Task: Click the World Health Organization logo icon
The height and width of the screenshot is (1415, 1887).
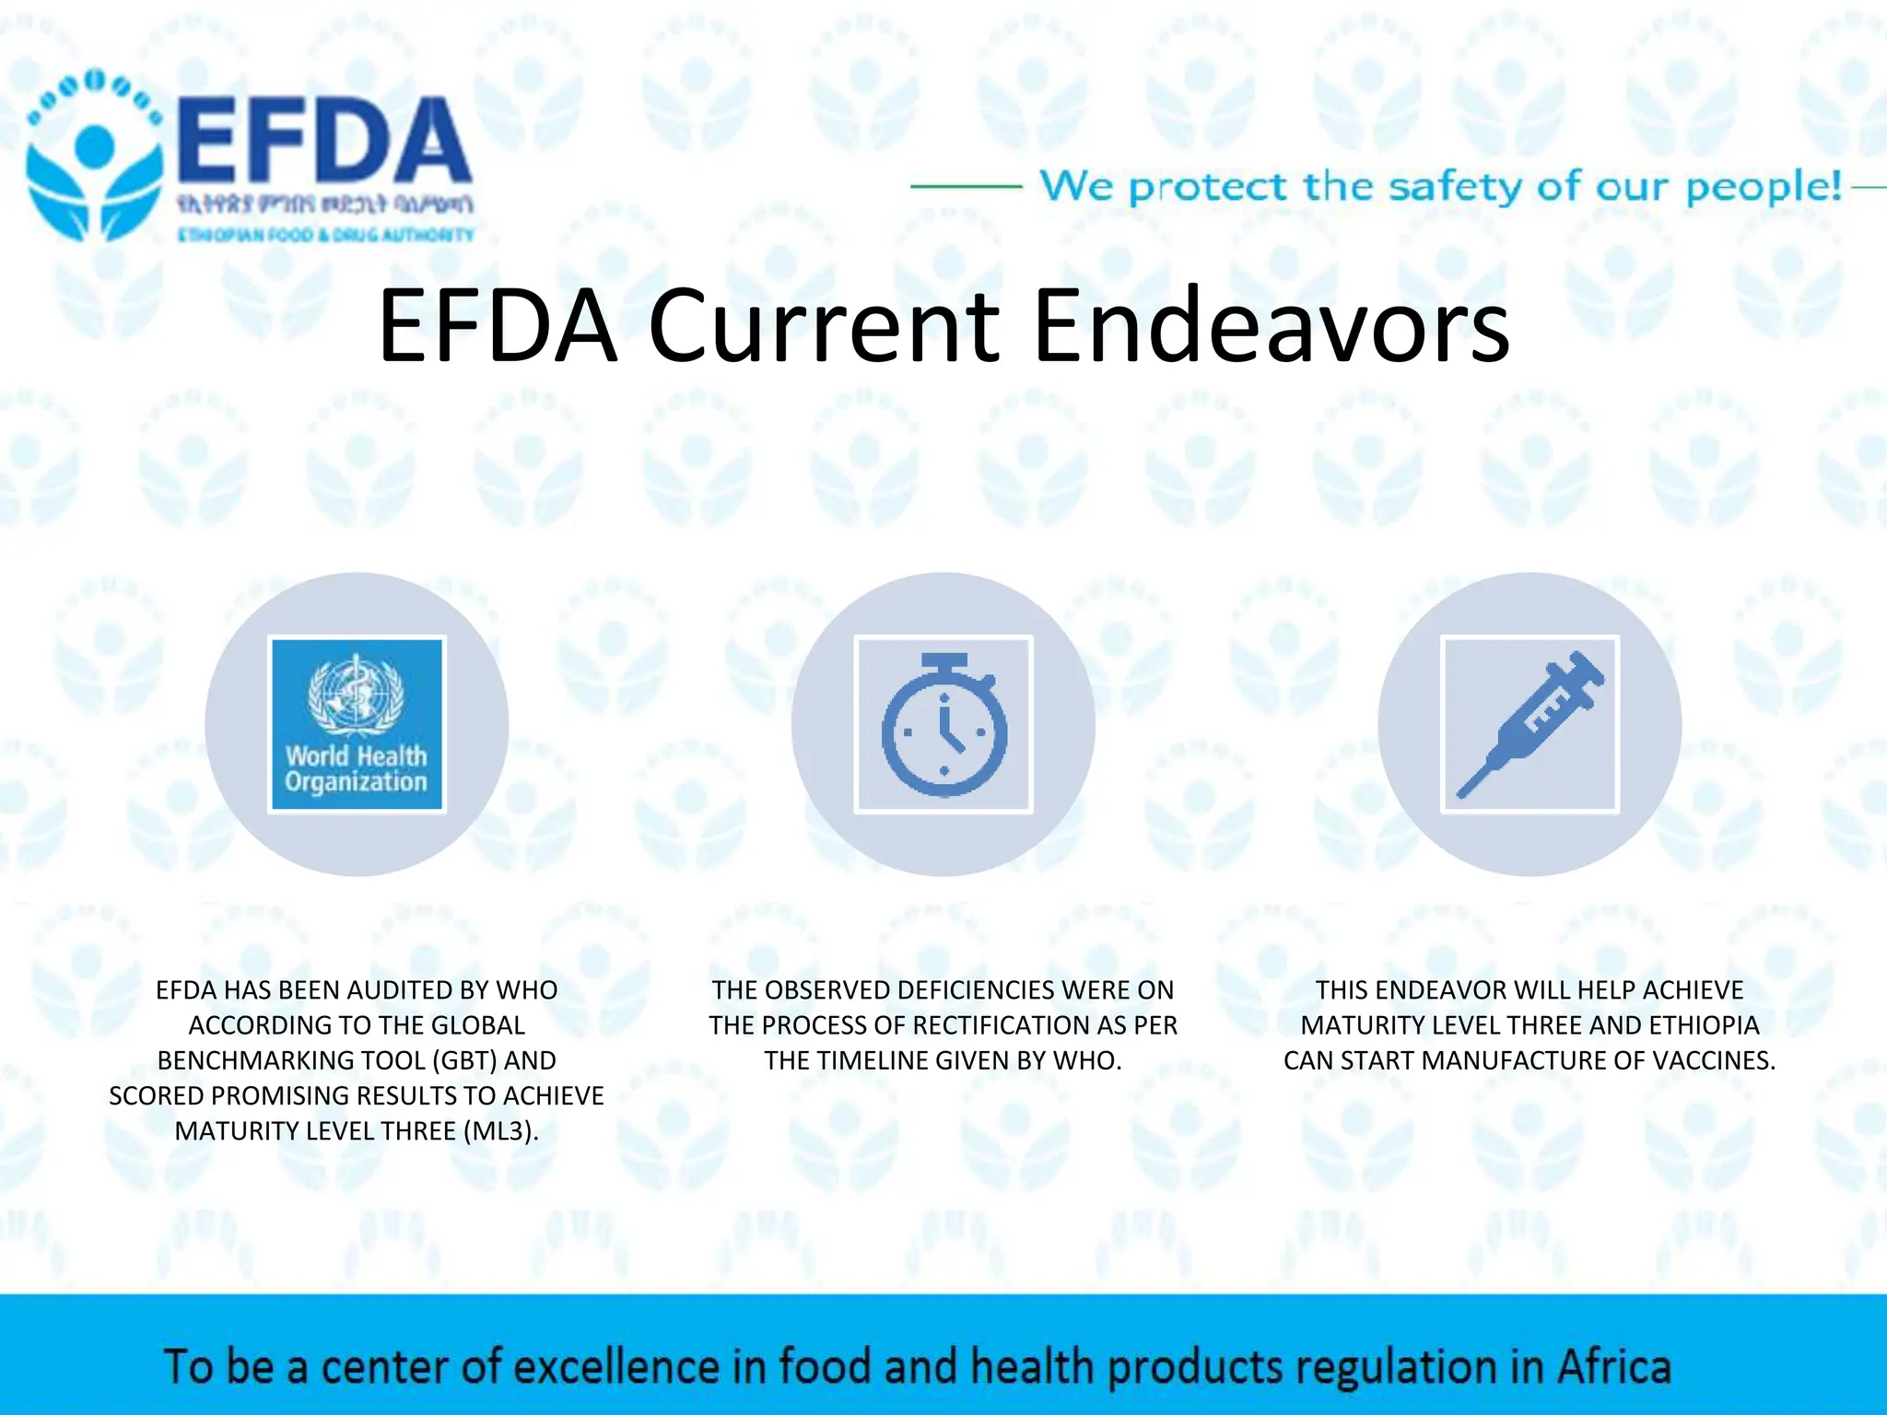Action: coord(357,724)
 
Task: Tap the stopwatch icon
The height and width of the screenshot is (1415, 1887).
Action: coord(943,724)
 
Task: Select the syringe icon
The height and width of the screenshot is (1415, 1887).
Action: coord(1530,724)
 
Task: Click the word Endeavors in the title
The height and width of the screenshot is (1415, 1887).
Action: coord(1272,326)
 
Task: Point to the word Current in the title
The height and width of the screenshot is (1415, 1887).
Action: coord(825,326)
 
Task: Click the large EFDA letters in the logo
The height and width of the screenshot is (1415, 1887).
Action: coord(322,143)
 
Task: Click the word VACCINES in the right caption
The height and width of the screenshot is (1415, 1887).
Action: coord(1713,1060)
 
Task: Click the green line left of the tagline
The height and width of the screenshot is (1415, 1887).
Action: coord(966,186)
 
